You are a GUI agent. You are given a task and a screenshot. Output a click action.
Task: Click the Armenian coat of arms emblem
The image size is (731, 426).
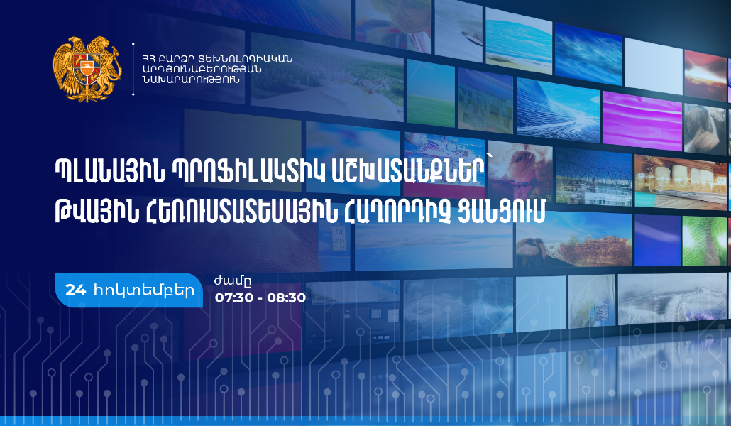point(87,69)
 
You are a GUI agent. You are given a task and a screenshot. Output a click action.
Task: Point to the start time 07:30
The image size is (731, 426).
point(233,297)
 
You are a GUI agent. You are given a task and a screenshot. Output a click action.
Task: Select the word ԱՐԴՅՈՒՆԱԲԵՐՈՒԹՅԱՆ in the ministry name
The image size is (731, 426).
point(202,69)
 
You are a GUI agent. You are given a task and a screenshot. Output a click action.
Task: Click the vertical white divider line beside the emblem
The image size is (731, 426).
point(134,69)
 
